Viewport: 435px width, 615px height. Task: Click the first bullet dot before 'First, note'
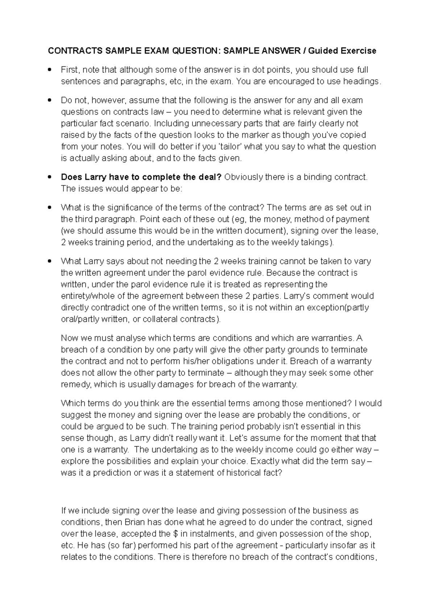point(50,69)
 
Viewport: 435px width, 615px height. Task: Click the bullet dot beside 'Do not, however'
point(50,100)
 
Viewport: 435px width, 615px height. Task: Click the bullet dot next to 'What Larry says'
point(50,261)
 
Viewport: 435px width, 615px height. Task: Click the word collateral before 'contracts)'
point(159,319)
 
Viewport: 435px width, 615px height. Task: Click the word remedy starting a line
point(75,384)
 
